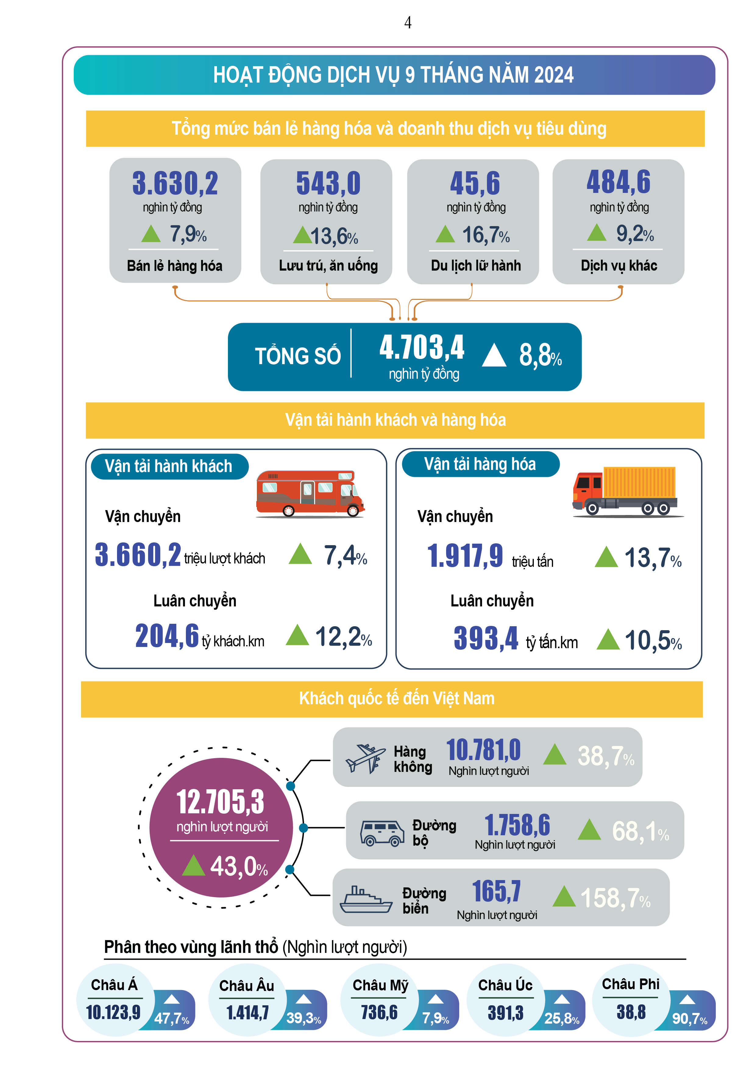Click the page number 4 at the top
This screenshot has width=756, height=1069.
point(408,22)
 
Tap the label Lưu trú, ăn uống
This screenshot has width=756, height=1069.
point(328,265)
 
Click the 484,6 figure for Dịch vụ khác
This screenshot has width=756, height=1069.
point(618,182)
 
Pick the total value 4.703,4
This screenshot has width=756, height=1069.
point(422,347)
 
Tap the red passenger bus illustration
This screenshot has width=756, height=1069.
point(310,494)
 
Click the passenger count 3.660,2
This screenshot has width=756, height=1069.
point(138,555)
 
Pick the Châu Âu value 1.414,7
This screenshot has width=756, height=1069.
point(247,1013)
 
